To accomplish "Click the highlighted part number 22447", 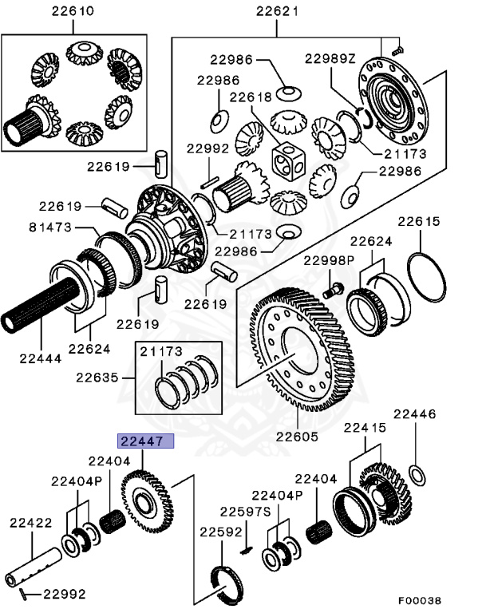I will tap(140, 441).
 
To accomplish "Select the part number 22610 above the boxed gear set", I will tap(73, 11).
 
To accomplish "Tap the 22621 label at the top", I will tap(277, 11).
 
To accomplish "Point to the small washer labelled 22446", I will tap(417, 476).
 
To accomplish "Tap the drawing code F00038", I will tap(419, 600).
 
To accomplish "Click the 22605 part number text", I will tap(296, 437).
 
